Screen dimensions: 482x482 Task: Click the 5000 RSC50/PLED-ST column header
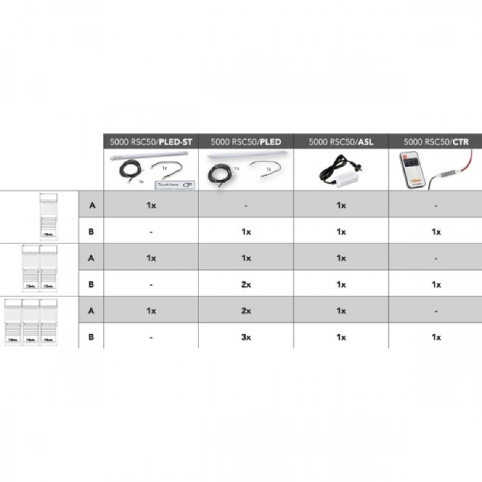coord(151,142)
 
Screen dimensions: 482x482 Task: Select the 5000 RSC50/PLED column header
coord(246,142)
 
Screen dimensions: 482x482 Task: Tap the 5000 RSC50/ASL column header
coord(341,142)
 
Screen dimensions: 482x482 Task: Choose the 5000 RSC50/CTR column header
coord(436,142)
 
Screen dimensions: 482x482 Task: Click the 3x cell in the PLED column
coord(246,337)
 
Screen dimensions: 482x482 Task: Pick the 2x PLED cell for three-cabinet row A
coord(246,311)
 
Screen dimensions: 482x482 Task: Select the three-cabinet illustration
coord(31,321)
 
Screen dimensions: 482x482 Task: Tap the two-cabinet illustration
coord(39,269)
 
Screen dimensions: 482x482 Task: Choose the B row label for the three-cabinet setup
coord(91,337)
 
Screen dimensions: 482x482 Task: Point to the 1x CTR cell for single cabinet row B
coord(436,232)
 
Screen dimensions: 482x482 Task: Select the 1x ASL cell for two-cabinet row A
coord(341,258)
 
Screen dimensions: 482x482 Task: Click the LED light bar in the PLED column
coord(245,155)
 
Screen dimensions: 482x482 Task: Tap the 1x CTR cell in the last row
coord(436,337)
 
